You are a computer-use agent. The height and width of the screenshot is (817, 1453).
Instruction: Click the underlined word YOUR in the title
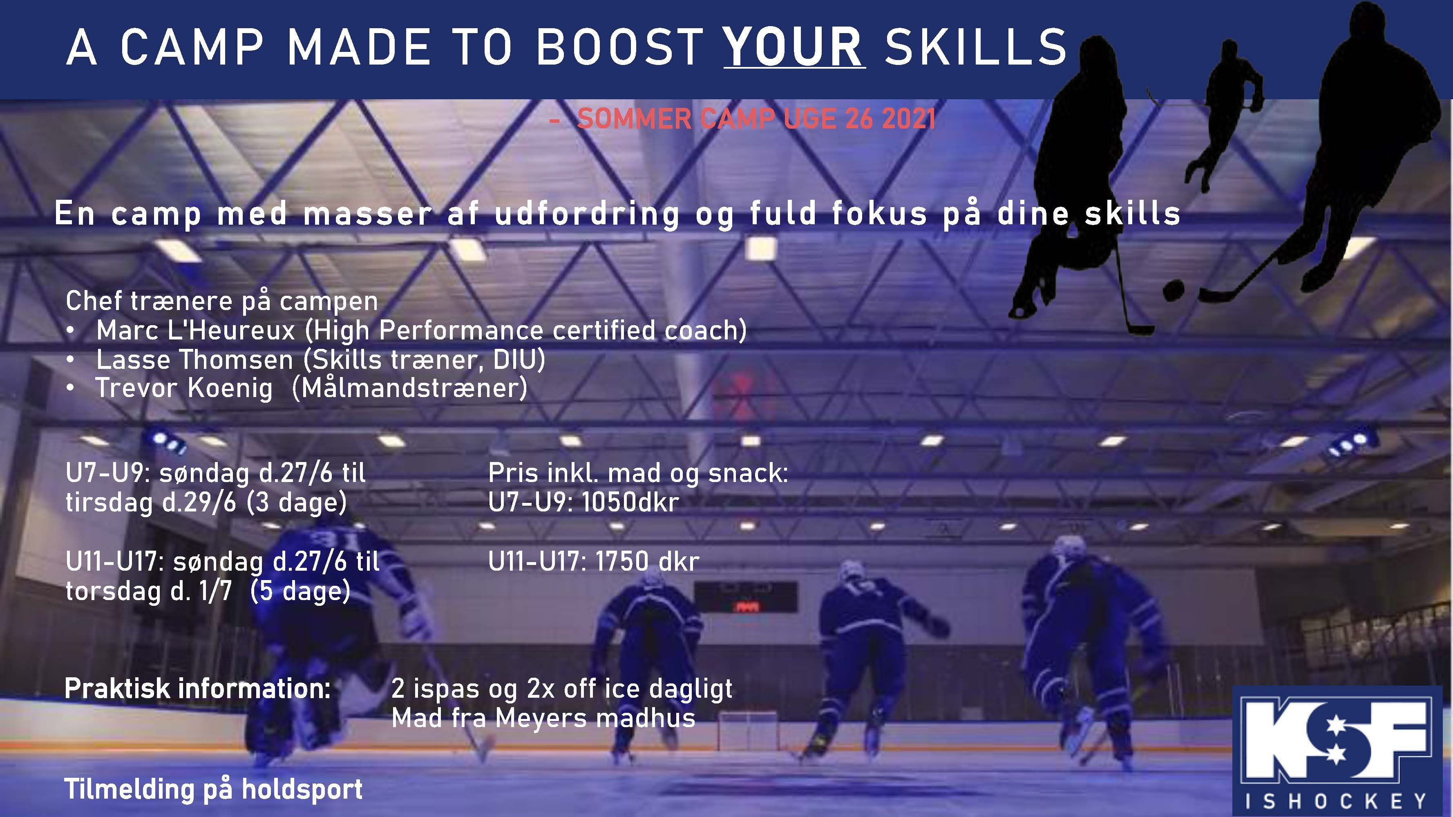click(x=794, y=47)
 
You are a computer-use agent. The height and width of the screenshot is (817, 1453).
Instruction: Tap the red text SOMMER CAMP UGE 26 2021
click(x=756, y=119)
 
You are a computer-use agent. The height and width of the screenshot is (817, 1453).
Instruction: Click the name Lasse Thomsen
click(x=194, y=360)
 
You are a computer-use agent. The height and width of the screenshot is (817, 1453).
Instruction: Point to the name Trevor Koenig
click(x=184, y=388)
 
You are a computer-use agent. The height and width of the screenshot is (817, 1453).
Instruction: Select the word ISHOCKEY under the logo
click(x=1336, y=801)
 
